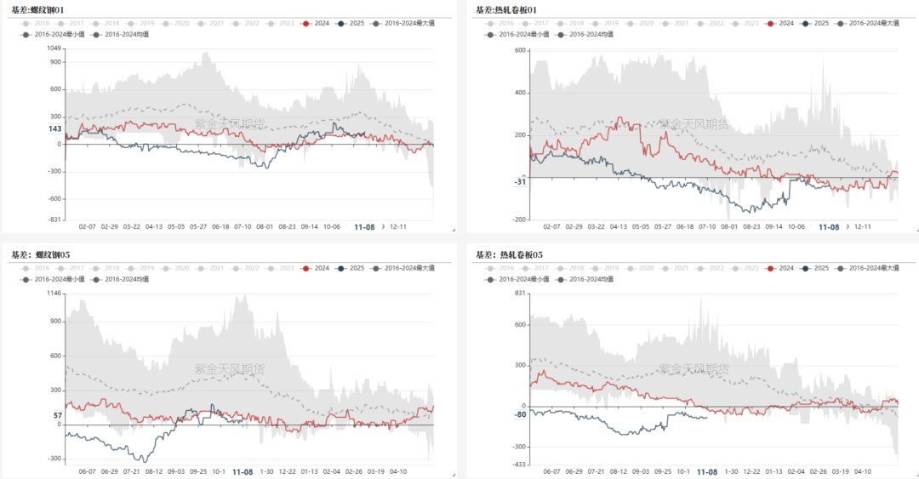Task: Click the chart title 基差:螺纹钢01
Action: (x=41, y=9)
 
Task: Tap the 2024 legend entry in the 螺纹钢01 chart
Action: (x=317, y=23)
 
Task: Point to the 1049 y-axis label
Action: (x=54, y=48)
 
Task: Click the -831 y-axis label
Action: (x=54, y=220)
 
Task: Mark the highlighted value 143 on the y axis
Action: (x=54, y=129)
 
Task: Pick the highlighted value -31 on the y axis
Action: (x=520, y=181)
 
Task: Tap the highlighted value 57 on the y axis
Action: (x=57, y=416)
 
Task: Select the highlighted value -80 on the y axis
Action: (x=520, y=414)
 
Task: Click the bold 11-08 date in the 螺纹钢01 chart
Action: (x=363, y=227)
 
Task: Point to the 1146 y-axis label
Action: (x=54, y=293)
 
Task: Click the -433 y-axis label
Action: (x=518, y=464)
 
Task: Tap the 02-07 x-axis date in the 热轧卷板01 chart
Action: (x=552, y=227)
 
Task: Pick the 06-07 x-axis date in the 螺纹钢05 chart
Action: (x=88, y=470)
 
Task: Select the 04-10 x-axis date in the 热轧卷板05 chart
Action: (x=862, y=470)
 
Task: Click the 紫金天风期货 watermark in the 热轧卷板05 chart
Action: (x=694, y=368)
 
